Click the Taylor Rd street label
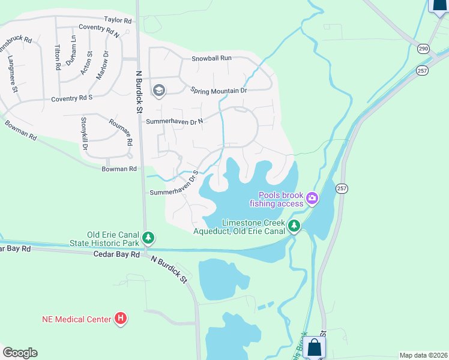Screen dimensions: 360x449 tap(117, 20)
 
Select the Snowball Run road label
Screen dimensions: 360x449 tap(211, 58)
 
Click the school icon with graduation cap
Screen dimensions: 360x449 tap(159, 91)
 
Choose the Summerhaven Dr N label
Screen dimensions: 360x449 tap(175, 121)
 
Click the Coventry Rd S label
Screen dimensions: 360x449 tap(72, 98)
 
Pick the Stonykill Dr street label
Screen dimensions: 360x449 tap(85, 134)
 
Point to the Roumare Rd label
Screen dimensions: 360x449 tap(120, 133)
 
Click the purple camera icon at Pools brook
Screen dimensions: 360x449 tap(312, 198)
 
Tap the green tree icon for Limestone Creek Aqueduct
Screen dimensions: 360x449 tap(294, 226)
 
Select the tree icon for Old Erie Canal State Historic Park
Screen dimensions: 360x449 tap(148, 238)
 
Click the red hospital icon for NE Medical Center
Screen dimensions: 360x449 tap(121, 319)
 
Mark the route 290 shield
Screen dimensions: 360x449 tap(423, 47)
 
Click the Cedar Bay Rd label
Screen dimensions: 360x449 tap(116, 254)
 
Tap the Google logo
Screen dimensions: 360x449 tap(20, 353)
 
